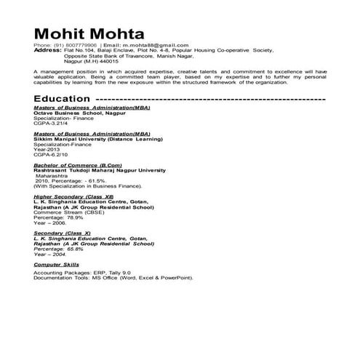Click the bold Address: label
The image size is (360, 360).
(48, 50)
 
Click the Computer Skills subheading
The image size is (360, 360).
(57, 265)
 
